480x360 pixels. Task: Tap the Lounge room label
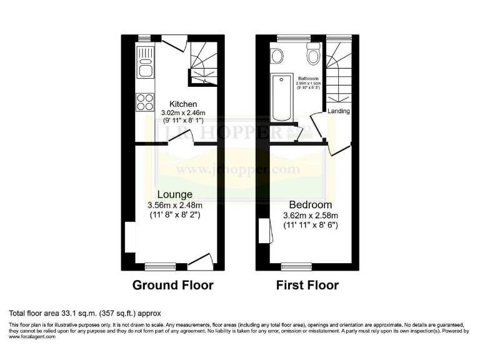(x=174, y=194)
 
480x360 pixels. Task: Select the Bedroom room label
(x=310, y=204)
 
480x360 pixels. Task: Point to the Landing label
(x=338, y=112)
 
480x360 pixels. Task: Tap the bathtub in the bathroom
(x=282, y=97)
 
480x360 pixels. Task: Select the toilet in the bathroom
(x=312, y=56)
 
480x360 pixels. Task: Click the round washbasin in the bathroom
(x=277, y=56)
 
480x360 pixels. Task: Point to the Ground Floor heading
(x=172, y=286)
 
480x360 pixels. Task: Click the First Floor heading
(x=307, y=286)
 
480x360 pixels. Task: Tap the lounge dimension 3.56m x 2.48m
(x=174, y=205)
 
